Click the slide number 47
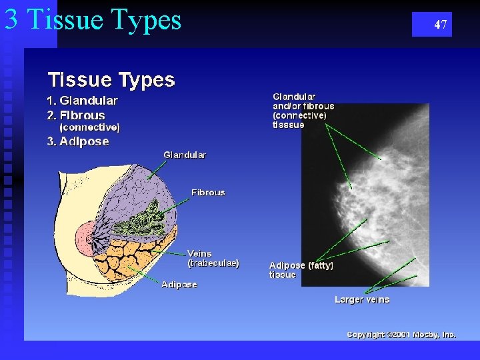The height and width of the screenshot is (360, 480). click(x=440, y=25)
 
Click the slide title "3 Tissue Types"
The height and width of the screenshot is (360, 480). click(x=93, y=19)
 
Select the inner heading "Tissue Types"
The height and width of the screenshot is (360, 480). click(x=111, y=80)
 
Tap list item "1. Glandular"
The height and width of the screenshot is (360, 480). click(x=82, y=101)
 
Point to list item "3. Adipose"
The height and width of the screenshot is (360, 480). click(x=77, y=141)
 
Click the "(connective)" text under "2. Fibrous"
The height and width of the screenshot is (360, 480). click(x=90, y=127)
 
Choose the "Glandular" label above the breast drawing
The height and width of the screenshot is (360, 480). click(x=185, y=155)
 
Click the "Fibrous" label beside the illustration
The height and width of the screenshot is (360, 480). click(x=208, y=193)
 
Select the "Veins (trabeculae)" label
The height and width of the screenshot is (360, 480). click(x=213, y=258)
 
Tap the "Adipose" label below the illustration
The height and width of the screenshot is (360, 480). click(x=179, y=285)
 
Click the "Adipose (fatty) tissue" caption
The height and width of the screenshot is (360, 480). click(x=301, y=270)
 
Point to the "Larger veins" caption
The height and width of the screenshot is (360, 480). click(x=362, y=300)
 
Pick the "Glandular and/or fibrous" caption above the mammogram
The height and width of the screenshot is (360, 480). click(x=303, y=111)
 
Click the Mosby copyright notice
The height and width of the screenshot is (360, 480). click(x=401, y=335)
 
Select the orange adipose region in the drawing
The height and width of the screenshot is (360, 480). click(x=133, y=257)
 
